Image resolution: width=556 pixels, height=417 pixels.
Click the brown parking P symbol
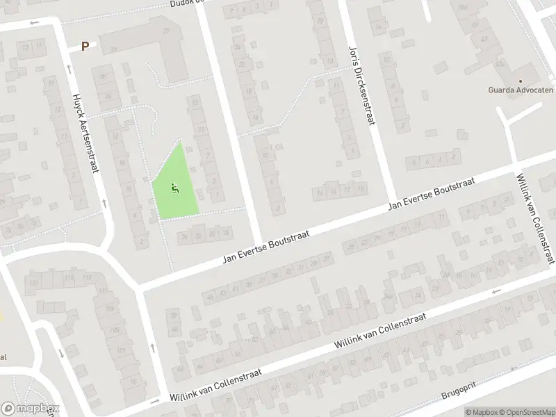click(x=85, y=47)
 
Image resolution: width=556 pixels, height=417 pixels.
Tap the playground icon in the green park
click(x=174, y=186)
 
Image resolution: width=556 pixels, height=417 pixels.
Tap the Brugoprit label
click(x=461, y=390)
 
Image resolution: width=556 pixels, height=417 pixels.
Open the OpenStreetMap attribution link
click(x=528, y=412)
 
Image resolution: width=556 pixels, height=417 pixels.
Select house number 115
click(x=69, y=278)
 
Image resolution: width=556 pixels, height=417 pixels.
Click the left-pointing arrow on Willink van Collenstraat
click(x=496, y=292)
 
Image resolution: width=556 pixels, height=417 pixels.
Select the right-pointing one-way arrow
click(x=154, y=402)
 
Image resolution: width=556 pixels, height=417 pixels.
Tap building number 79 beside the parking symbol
click(x=166, y=31)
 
